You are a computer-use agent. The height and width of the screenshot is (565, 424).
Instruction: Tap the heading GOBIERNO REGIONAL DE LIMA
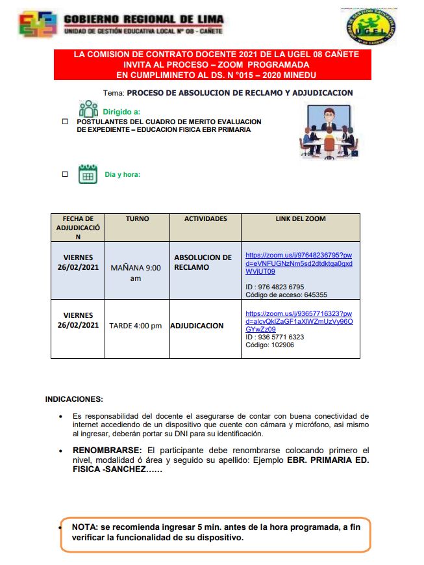(143, 20)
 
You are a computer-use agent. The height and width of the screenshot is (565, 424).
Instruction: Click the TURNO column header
(137, 219)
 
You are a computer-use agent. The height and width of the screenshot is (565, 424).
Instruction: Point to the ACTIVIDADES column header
(205, 219)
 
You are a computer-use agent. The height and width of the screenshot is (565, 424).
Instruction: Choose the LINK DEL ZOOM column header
(300, 219)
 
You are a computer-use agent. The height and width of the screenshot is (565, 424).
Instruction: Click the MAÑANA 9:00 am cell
(136, 272)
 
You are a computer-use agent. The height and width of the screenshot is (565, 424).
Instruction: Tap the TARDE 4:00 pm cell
(136, 326)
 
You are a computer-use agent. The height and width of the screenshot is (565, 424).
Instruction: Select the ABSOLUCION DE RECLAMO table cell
(203, 262)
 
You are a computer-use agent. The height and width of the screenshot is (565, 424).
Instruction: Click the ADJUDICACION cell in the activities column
(197, 326)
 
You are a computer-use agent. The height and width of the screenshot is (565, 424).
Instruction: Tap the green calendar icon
(88, 174)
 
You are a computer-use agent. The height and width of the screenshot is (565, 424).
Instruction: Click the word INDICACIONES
(74, 399)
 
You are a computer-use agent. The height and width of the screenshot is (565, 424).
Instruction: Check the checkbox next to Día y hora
(65, 174)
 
